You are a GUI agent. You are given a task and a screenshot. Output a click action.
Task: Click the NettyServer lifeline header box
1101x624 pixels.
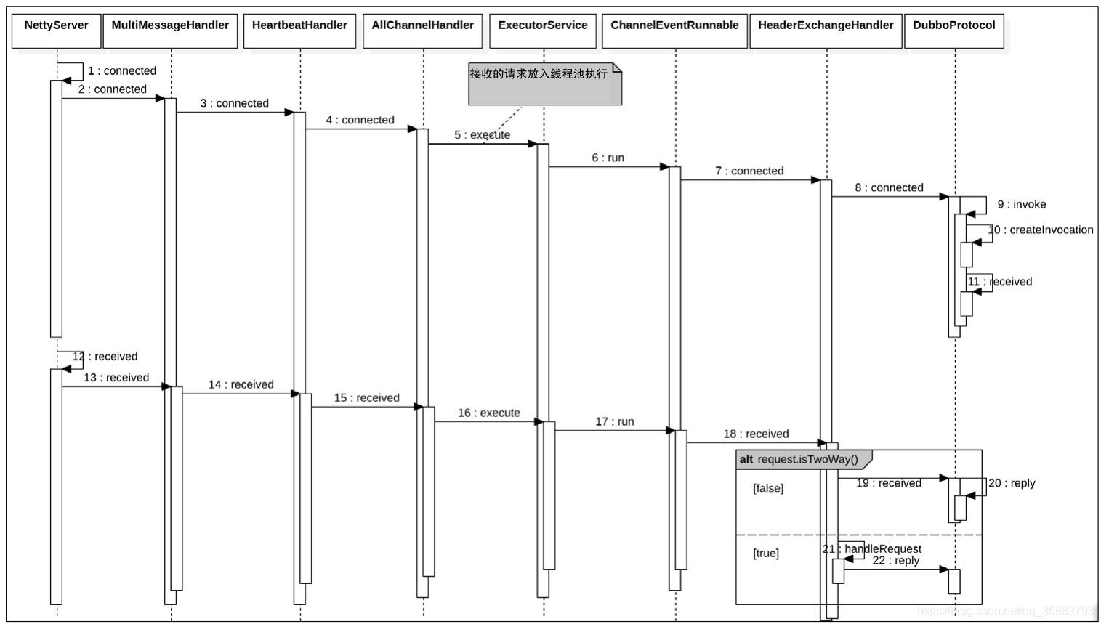pos(56,31)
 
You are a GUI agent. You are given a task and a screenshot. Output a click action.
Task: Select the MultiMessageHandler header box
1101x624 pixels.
pos(170,31)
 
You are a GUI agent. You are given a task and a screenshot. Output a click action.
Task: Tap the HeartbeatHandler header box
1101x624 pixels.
pos(299,31)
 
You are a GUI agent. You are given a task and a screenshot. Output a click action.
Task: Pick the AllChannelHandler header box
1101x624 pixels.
pos(422,31)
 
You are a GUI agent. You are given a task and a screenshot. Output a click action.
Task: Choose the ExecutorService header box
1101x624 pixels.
pos(543,31)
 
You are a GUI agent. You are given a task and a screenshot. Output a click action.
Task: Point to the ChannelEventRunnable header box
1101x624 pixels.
pos(674,31)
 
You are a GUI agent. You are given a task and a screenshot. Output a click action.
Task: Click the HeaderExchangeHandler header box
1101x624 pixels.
pos(826,31)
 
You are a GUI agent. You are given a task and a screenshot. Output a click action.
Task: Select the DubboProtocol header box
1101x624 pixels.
pos(954,31)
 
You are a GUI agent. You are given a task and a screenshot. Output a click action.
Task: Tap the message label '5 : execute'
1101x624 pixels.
pos(483,135)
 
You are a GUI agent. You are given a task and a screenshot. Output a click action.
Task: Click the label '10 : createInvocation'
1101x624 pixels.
pos(1041,230)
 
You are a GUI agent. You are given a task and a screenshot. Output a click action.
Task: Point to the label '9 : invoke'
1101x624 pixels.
pos(1022,205)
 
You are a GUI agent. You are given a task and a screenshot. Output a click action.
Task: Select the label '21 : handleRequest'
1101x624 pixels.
pos(872,549)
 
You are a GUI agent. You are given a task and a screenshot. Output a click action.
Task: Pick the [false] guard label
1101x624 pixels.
pos(768,489)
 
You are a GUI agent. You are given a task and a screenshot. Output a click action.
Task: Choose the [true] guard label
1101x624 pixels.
pos(766,554)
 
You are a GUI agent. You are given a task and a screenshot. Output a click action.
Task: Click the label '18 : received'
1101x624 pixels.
pos(756,434)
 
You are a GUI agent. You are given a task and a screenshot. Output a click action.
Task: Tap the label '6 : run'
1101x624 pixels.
pos(608,158)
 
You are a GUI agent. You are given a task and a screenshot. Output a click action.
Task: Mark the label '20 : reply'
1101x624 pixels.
pos(1012,484)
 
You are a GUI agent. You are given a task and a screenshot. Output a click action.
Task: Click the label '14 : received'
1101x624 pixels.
pos(241,385)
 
